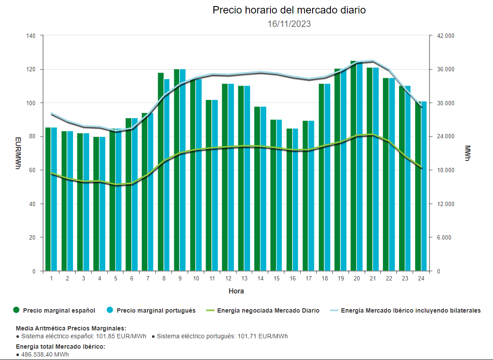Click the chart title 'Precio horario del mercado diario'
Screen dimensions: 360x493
click(x=289, y=10)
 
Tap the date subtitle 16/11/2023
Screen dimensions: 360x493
click(x=289, y=24)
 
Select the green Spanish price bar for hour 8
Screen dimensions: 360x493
click(x=161, y=174)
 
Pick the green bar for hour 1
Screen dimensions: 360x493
click(x=48, y=200)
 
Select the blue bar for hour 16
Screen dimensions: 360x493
click(x=295, y=200)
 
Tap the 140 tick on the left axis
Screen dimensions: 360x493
click(x=31, y=36)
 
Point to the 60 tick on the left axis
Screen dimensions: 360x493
click(x=32, y=170)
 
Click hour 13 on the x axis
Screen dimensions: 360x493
click(x=244, y=278)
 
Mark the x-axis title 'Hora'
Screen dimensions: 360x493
click(x=236, y=291)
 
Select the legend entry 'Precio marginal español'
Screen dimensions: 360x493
click(x=59, y=310)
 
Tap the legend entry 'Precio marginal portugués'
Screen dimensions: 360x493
click(x=156, y=310)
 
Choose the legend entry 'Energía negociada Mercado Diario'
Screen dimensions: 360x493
click(x=268, y=310)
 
